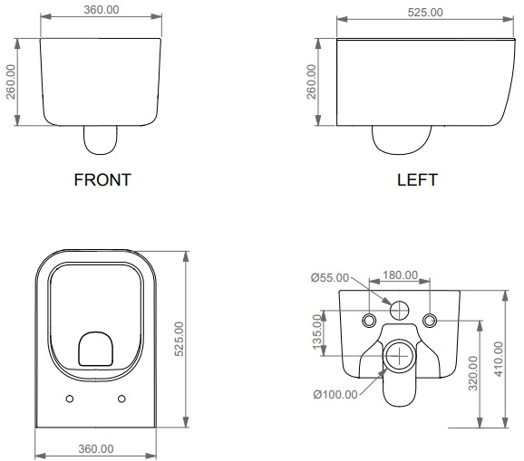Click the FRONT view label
[102, 180]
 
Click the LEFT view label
[417, 180]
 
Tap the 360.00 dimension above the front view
[102, 10]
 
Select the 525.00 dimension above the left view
[425, 13]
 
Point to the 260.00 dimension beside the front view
[11, 82]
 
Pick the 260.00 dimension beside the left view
[311, 82]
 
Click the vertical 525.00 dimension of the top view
[180, 339]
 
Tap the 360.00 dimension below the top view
[96, 449]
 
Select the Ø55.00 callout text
[330, 277]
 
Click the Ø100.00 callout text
[335, 395]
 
